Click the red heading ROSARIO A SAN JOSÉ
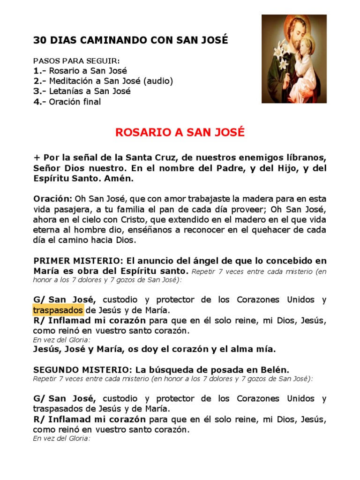pos(180,133)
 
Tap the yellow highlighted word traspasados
pos(59,310)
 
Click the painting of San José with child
pos(294,59)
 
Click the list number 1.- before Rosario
pos(39,71)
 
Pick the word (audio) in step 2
pos(158,81)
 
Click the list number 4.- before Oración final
pos(39,102)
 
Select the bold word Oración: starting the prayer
pos(53,199)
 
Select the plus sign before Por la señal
pos(36,158)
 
